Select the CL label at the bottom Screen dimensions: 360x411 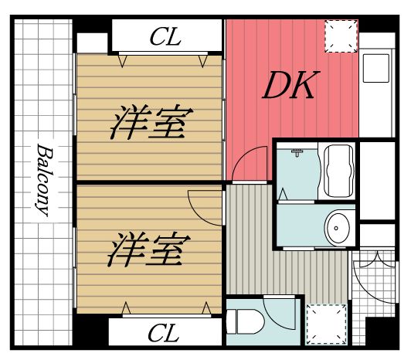163,334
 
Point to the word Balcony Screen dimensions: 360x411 43,179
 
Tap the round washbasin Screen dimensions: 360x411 338,227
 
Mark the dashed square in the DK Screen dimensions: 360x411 340,36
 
